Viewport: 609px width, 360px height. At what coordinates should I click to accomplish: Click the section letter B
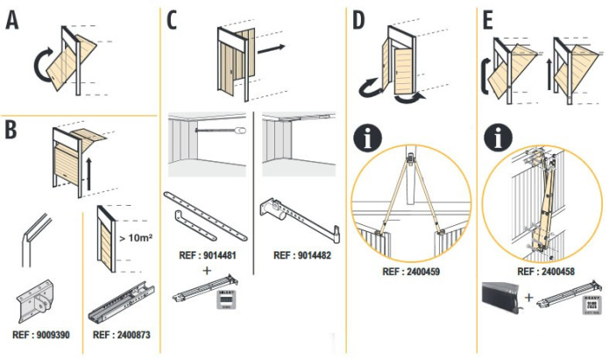(11, 129)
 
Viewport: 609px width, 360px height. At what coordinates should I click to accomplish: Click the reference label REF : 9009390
(40, 334)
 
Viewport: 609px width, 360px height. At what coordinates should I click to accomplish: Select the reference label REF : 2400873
(120, 334)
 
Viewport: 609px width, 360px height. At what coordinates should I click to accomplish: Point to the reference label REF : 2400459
(410, 272)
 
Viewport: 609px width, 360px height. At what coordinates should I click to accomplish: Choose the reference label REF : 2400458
(544, 272)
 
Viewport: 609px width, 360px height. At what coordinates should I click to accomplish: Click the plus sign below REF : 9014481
(207, 271)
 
